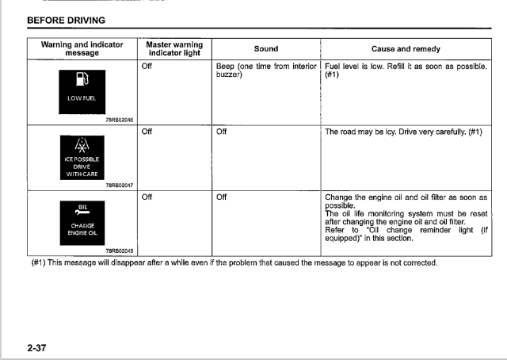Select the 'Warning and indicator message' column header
(x=82, y=49)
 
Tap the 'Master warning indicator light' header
(x=174, y=49)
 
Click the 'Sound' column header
(x=265, y=49)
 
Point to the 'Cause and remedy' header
(x=406, y=49)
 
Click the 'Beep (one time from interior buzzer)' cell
(x=266, y=71)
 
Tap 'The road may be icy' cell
(x=403, y=132)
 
